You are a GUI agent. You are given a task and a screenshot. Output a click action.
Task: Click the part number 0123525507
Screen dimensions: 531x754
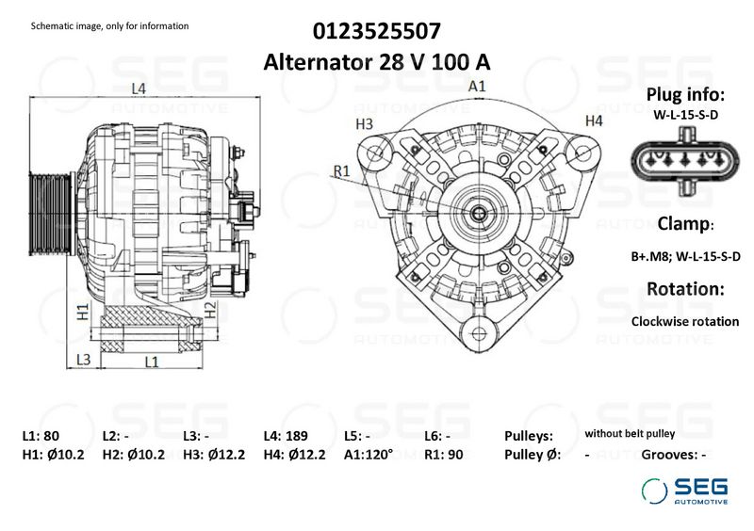click(x=376, y=31)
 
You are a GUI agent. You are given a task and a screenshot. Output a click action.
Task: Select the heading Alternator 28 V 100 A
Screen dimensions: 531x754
click(x=376, y=62)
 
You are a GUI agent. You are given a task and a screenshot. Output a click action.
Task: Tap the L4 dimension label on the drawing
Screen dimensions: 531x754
click(x=139, y=89)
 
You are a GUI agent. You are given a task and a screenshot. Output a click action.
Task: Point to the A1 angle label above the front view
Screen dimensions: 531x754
click(x=478, y=87)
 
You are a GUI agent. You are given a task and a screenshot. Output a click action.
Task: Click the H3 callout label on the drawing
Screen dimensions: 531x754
click(x=365, y=123)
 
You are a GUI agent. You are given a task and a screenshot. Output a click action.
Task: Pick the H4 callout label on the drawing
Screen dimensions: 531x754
click(x=594, y=121)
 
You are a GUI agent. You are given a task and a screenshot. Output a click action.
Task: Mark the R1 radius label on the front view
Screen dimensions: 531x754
click(x=341, y=170)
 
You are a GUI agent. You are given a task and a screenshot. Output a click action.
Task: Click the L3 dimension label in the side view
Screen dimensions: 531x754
click(x=83, y=360)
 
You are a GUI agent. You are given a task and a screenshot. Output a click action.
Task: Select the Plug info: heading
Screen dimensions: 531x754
click(x=685, y=95)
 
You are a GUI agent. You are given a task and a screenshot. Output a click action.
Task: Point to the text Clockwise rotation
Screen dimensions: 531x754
click(x=685, y=321)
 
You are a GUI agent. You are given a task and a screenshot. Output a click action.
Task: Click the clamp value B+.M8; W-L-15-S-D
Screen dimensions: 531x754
click(x=685, y=256)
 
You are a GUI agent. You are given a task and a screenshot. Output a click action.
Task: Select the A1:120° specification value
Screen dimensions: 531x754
click(x=369, y=455)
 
